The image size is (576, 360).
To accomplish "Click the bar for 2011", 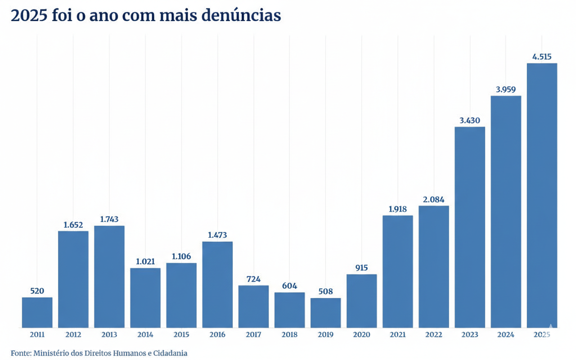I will coord(37,312).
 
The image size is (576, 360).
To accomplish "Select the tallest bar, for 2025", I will coord(542,195).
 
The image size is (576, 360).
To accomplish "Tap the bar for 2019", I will coord(325,313).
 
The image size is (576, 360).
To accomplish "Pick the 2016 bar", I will coord(217,284).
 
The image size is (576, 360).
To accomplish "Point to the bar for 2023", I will coord(470,227).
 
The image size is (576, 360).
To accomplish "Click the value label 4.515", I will coord(542,57).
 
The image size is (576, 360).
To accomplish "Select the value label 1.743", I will coord(109,219).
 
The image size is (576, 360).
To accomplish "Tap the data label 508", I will coord(325,292).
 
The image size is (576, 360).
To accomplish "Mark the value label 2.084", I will coord(434,199).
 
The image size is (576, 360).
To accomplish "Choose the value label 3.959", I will coord(506,90).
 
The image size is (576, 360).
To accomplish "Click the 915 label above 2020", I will coord(361,268).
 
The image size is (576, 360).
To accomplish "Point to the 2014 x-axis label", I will coord(145,335).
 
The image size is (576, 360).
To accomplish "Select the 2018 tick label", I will coord(289,335).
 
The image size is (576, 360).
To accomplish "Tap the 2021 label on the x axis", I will coord(398,335).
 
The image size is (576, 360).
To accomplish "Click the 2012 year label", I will coord(73,335).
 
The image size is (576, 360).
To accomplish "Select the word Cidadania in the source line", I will coord(170,353).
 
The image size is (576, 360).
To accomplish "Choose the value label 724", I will coord(253,279).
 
